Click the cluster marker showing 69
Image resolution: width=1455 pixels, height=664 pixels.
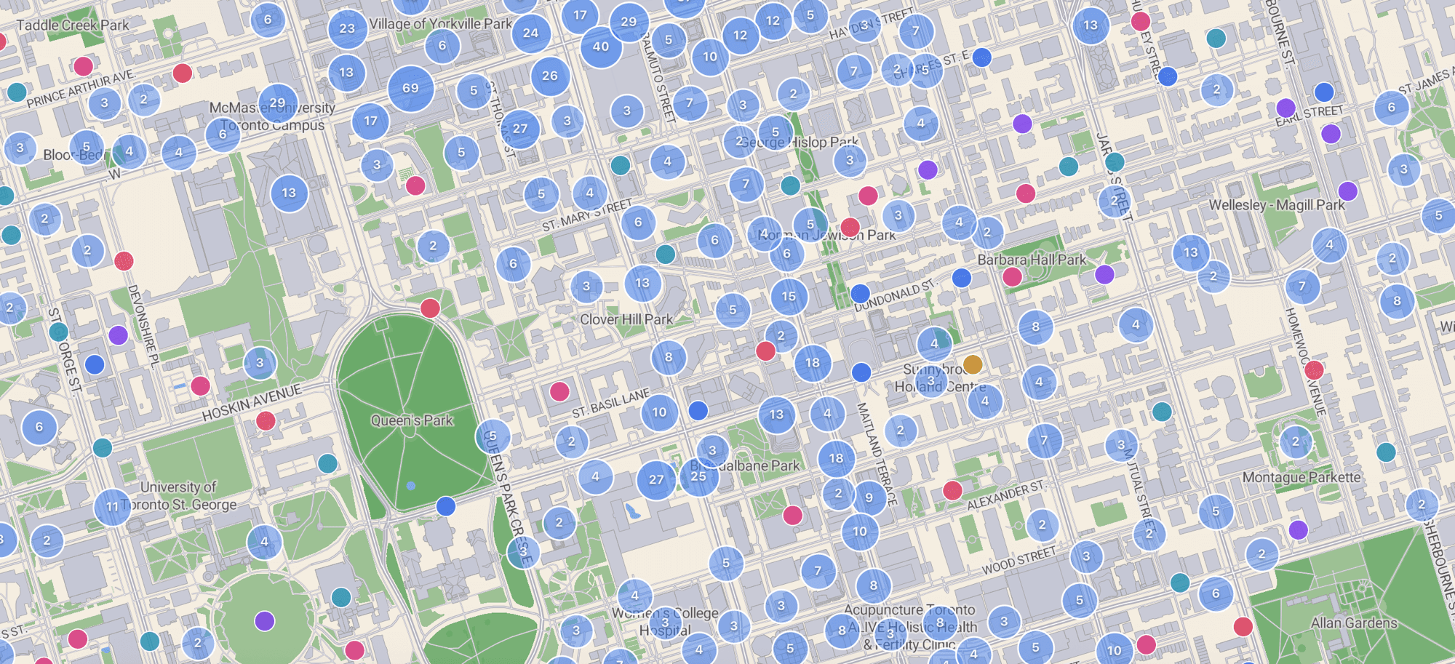(410, 88)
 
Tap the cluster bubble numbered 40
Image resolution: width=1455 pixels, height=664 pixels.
(601, 47)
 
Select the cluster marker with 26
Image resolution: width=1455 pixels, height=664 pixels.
(550, 76)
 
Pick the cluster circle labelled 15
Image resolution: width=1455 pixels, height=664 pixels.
(789, 297)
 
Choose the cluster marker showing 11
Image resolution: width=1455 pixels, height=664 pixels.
(112, 506)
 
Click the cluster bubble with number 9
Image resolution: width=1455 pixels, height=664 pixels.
(869, 498)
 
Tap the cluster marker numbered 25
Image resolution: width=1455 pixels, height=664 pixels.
(698, 476)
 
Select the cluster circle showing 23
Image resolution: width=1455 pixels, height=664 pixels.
(347, 29)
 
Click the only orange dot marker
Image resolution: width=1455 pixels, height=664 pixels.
(973, 364)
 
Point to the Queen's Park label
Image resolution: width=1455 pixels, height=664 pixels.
(412, 420)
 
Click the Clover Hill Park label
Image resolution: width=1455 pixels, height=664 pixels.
(626, 319)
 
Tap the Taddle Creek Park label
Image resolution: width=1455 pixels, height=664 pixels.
(73, 25)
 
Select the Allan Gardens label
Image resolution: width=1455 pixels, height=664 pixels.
(1354, 623)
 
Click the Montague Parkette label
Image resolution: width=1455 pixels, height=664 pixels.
(1301, 478)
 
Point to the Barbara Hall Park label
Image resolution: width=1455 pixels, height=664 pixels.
(1032, 260)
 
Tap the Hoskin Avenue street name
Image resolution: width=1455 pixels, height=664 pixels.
(252, 403)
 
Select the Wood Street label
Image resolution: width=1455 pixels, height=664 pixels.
(1018, 561)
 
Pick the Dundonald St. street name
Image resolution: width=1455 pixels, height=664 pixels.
(894, 296)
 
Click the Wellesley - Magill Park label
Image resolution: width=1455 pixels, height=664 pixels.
(1277, 205)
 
